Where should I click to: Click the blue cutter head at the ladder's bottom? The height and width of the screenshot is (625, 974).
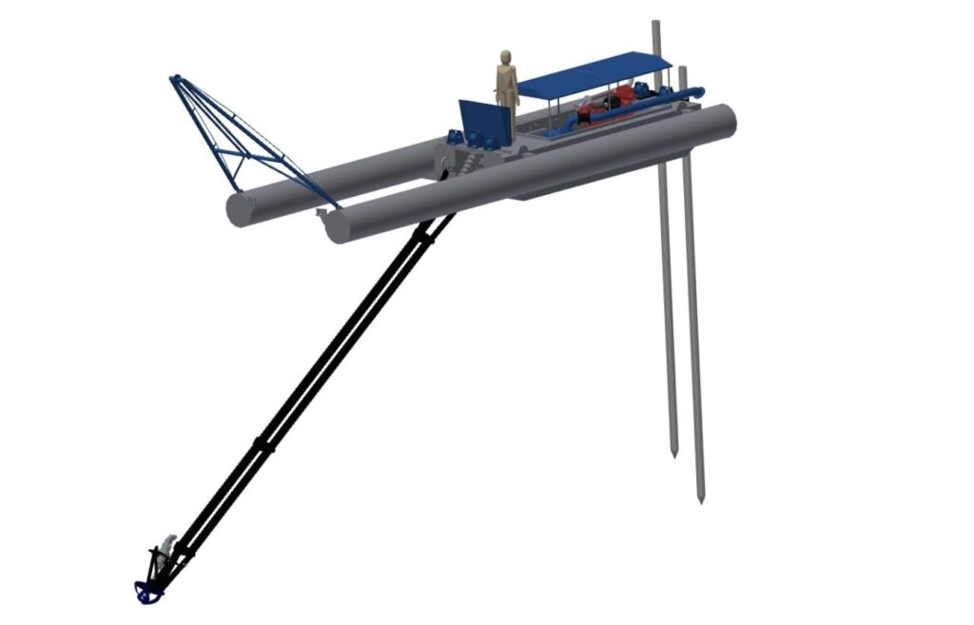pyautogui.click(x=146, y=593)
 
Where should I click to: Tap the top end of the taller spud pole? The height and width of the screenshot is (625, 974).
pyautogui.click(x=655, y=23)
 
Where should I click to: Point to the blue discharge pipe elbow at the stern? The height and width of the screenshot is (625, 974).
pyautogui.click(x=696, y=92)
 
